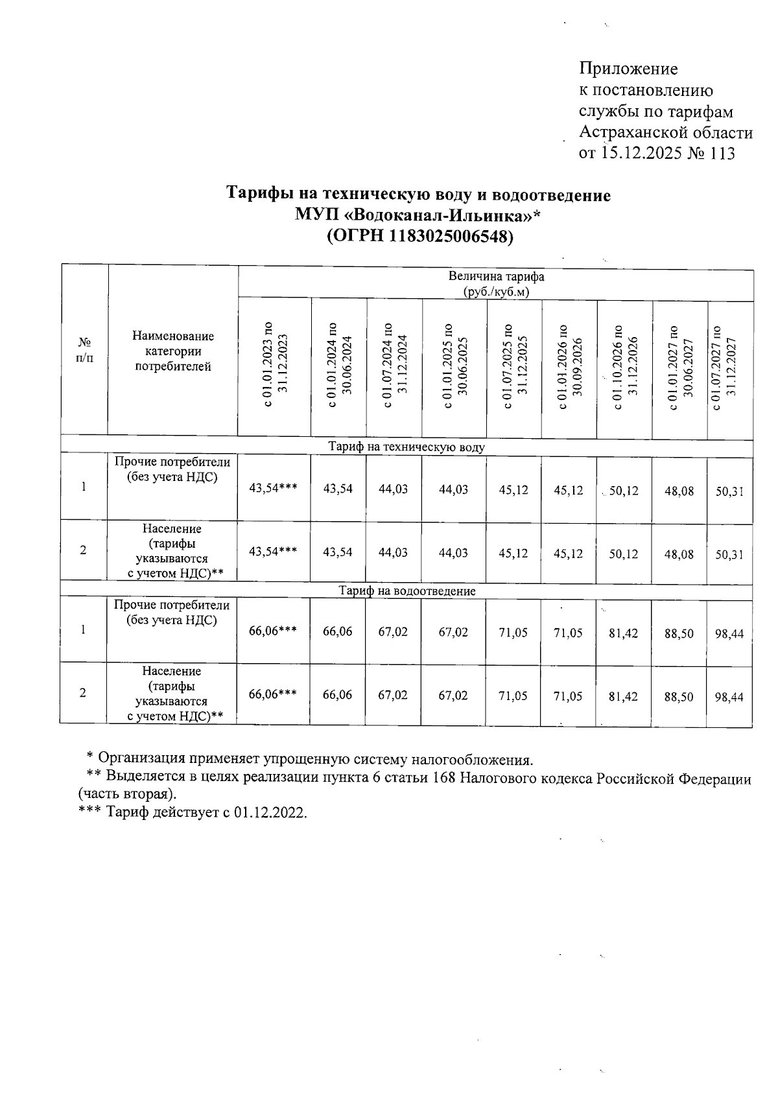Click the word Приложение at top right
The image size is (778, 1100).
pos(628,69)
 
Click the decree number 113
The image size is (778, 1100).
pos(722,154)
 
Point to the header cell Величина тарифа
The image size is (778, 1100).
pos(496,277)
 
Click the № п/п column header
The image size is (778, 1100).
pos(84,349)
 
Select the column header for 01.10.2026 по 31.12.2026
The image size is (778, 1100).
pos(625,367)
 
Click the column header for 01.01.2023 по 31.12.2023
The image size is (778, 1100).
pos(274,367)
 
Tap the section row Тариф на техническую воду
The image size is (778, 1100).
pos(407,447)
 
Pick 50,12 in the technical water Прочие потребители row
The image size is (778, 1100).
pos(624,491)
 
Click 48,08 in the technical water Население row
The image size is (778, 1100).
pos(679,554)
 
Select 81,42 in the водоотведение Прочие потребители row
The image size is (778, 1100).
pos(624,633)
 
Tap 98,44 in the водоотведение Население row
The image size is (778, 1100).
pos(729,697)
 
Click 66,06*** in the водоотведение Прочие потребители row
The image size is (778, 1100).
pos(273,631)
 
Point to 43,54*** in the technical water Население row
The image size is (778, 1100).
pos(273,552)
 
